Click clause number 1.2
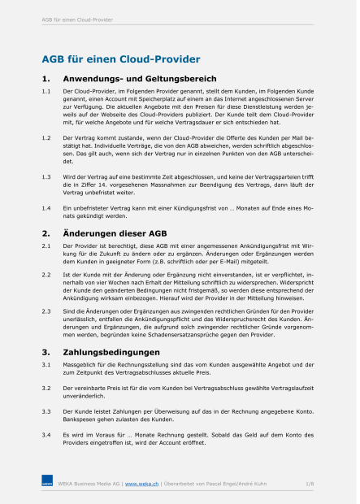point(46,140)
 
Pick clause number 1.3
point(46,176)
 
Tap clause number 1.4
point(46,209)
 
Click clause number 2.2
point(46,274)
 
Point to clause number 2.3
point(46,311)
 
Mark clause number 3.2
point(46,389)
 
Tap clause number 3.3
point(46,413)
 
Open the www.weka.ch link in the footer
point(141,484)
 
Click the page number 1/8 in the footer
point(310,484)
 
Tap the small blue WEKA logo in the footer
point(47,484)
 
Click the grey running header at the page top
point(77,19)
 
